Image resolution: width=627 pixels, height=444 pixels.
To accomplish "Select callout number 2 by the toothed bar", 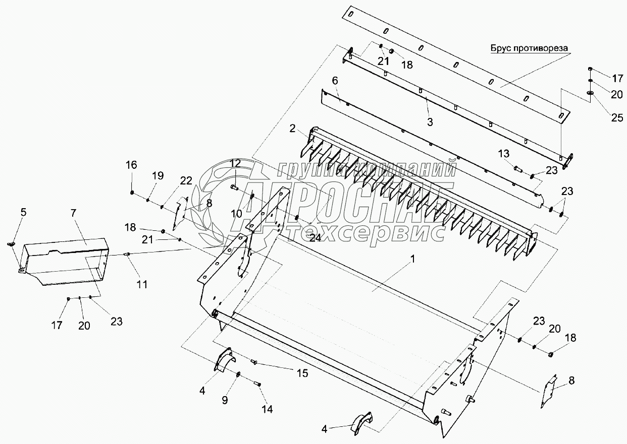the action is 292,129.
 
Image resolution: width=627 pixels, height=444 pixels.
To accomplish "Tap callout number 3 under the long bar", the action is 429,121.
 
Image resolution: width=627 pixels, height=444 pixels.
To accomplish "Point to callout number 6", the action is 335,81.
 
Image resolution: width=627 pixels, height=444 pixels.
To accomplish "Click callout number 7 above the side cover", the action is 74,213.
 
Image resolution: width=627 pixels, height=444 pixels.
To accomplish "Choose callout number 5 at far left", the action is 23,212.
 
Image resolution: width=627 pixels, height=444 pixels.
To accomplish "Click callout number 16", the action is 131,165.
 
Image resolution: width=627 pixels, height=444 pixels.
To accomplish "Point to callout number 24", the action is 315,238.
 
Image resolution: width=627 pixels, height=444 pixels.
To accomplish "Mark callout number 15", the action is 302,373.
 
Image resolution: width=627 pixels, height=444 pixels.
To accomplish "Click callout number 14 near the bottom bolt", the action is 267,409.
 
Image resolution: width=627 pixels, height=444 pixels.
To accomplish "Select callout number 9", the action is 225,400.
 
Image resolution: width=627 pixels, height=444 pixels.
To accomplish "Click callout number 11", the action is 142,284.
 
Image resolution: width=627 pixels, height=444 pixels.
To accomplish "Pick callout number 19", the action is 158,176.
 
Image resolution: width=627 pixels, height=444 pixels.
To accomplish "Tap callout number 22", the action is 186,181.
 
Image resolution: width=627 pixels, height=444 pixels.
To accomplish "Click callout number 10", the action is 237,213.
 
